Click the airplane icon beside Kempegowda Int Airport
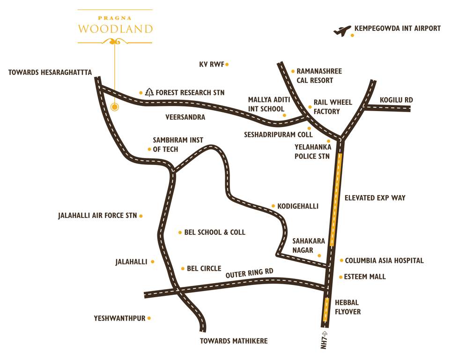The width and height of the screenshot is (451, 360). [342, 31]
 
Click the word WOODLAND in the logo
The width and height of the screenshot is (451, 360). [115, 29]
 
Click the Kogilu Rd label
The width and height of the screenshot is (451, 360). [396, 100]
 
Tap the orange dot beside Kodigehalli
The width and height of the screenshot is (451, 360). [273, 206]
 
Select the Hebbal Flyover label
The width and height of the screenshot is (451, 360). [348, 307]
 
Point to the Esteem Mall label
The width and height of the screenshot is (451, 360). [365, 277]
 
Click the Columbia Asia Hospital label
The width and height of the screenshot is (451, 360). [384, 260]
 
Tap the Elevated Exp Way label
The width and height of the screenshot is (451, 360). [375, 198]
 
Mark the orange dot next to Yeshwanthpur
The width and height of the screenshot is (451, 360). [149, 318]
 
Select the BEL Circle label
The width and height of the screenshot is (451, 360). [204, 269]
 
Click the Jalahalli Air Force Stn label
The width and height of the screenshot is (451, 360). [97, 216]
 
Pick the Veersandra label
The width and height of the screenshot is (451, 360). [185, 117]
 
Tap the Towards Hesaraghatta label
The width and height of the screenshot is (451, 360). [50, 73]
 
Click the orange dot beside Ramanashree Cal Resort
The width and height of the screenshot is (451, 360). [293, 72]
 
